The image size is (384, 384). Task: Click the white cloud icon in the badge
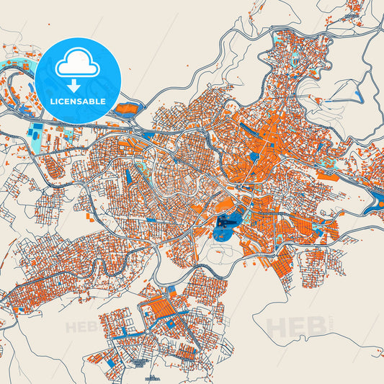pos(77,65)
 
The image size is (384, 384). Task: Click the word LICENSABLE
pos(77,102)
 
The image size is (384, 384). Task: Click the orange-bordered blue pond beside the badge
pos(127,110)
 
